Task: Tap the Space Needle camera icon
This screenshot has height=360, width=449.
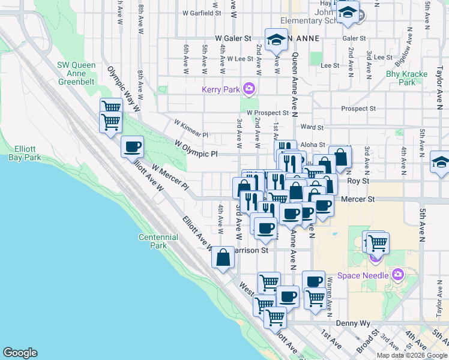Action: click(x=397, y=275)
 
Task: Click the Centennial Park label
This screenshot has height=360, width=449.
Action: click(x=158, y=241)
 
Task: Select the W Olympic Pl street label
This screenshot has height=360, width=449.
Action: click(x=196, y=149)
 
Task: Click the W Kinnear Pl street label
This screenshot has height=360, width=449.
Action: click(x=191, y=128)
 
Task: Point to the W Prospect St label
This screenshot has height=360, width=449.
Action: click(x=268, y=113)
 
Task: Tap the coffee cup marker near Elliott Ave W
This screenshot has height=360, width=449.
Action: click(x=132, y=146)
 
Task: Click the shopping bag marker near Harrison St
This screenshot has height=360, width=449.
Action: click(x=223, y=257)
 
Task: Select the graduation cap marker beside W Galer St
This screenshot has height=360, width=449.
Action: click(x=276, y=40)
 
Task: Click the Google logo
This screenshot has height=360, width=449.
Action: click(x=20, y=353)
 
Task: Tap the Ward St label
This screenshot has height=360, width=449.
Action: click(x=312, y=127)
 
